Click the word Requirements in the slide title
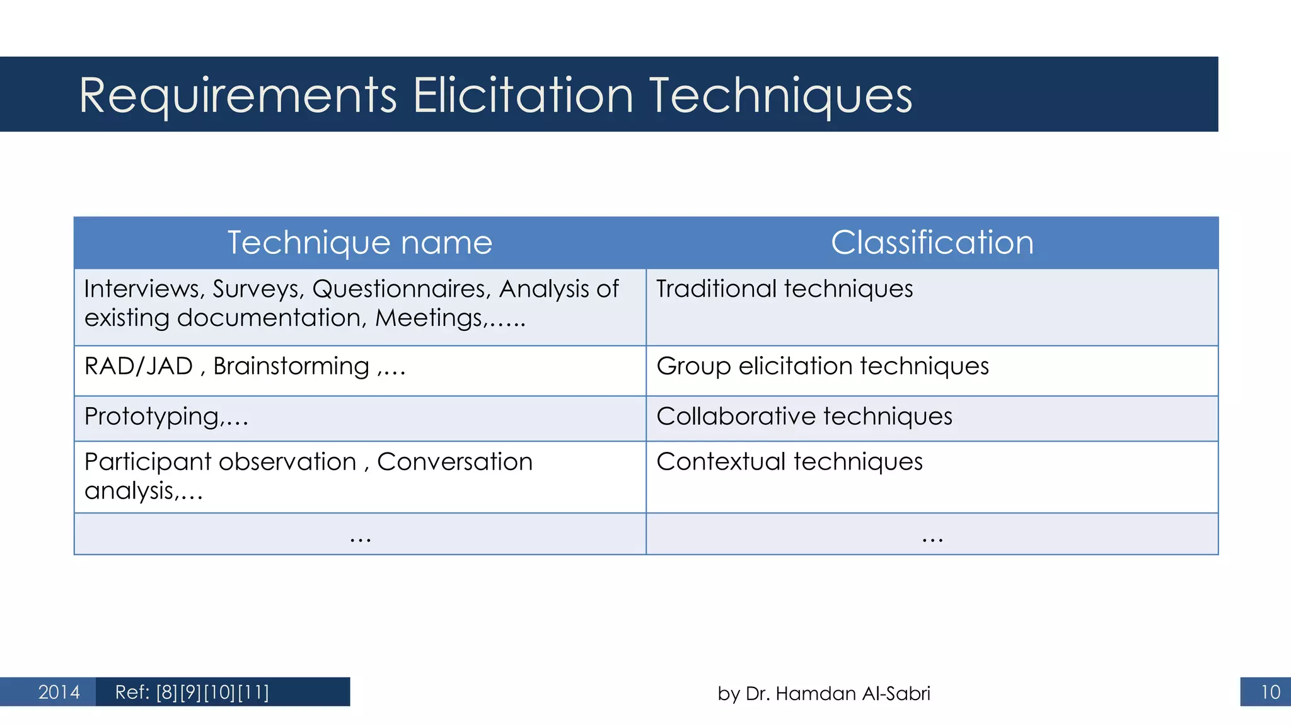[238, 96]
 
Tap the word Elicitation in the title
[523, 96]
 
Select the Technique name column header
[359, 243]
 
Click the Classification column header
[932, 243]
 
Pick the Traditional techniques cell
[784, 289]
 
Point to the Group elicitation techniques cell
[822, 366]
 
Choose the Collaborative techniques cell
[804, 417]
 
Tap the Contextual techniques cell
[789, 462]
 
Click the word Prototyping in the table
[152, 417]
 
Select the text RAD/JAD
[139, 366]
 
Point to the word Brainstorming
[291, 367]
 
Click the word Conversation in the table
[454, 462]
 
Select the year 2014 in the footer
[59, 692]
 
